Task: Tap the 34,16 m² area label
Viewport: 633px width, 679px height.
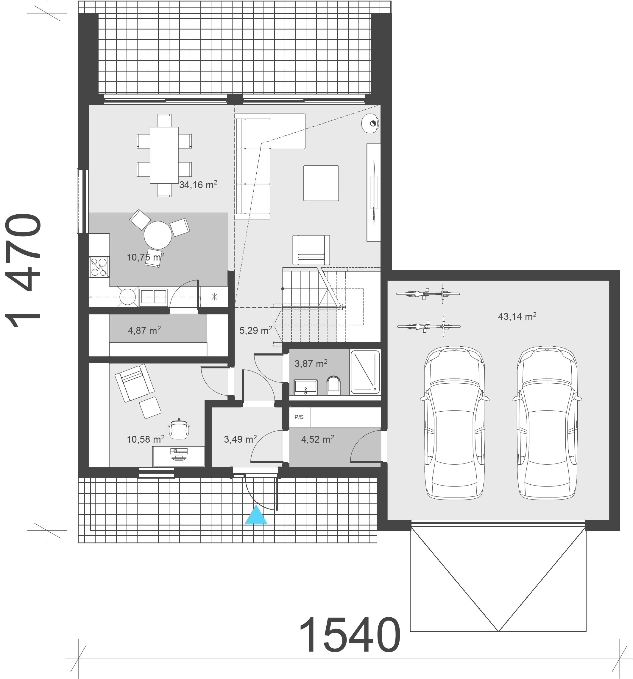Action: [198, 185]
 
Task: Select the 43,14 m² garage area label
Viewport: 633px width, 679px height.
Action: [517, 316]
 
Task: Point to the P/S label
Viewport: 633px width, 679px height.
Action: [299, 417]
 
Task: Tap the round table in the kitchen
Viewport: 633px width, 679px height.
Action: [158, 235]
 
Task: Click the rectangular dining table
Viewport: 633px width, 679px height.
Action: [164, 155]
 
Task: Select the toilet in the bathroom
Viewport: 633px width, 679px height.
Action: [333, 386]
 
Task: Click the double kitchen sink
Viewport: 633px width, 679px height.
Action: [153, 296]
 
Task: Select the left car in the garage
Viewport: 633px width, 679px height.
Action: [455, 423]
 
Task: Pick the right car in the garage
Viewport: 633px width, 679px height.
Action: [547, 423]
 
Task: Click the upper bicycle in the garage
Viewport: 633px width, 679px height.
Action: [428, 294]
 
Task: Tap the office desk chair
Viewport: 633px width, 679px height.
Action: [179, 429]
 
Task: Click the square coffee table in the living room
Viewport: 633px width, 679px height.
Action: [321, 183]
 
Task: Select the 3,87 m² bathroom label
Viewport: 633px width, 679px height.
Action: [311, 363]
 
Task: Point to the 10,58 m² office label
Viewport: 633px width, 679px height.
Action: [146, 439]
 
